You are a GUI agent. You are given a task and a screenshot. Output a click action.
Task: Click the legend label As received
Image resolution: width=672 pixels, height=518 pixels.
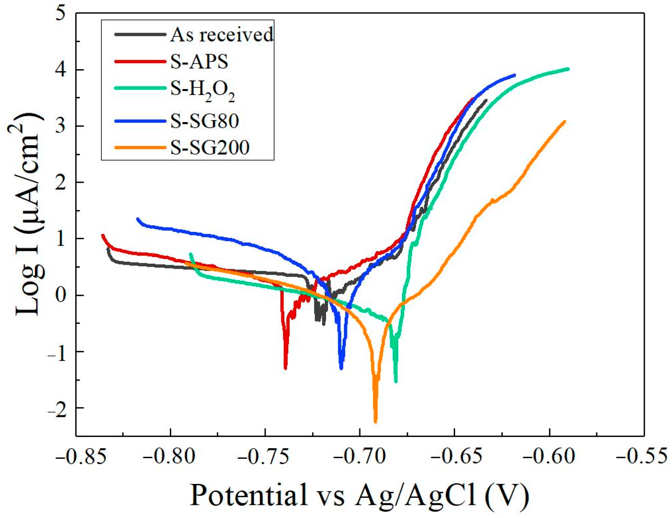222,35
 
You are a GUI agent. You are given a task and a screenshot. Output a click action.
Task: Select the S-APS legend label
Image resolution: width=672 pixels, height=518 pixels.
199,62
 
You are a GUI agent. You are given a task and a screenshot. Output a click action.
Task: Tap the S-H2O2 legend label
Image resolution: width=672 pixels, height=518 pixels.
203,90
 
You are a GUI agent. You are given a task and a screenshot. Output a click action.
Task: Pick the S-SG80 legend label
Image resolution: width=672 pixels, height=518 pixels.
205,121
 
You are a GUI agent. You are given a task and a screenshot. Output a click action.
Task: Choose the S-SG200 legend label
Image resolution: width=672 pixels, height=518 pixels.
210,148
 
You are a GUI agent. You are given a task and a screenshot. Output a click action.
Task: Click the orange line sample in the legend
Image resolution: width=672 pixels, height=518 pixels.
140,148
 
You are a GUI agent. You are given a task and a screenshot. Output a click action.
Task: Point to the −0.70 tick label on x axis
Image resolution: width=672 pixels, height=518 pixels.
360,457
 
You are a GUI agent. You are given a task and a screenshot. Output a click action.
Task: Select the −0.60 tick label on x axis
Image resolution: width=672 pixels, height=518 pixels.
549,457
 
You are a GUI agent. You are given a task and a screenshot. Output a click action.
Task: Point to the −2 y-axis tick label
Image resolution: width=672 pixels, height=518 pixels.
57,408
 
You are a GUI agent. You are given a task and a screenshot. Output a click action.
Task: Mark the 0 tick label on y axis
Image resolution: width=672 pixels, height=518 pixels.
60,295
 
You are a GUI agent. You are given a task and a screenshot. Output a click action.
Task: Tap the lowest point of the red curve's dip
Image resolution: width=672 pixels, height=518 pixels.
285,369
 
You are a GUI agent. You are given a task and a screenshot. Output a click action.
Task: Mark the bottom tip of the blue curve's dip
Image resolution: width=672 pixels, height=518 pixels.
341,369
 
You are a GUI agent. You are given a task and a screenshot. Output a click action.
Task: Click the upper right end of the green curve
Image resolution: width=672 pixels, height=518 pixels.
568,69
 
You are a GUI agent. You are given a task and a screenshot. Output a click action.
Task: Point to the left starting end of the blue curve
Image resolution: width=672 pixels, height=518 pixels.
138,219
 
